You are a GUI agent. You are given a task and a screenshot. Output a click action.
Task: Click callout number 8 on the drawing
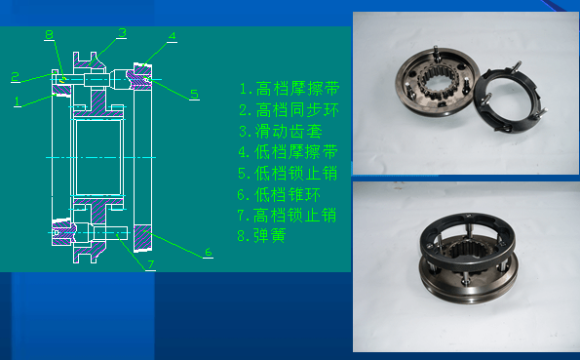click(49, 35)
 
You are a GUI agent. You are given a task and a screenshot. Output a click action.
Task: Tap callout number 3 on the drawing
click(123, 32)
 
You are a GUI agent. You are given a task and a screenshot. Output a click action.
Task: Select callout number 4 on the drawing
click(172, 37)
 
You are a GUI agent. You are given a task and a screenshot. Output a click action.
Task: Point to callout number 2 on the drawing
click(16, 76)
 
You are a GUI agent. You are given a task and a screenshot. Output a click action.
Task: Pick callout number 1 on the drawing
click(18, 100)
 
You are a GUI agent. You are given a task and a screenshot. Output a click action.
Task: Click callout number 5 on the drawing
click(194, 94)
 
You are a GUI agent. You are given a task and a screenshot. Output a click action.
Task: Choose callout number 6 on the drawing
click(208, 253)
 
